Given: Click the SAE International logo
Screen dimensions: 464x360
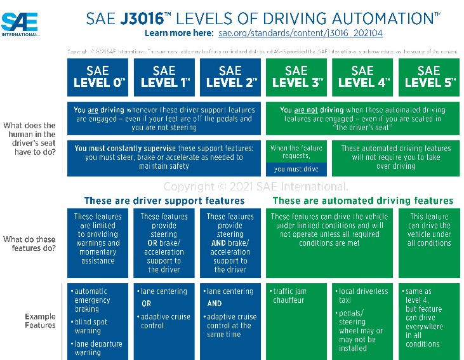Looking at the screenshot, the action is [x=20, y=24].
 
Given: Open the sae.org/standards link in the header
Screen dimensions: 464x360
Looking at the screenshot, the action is [x=300, y=32].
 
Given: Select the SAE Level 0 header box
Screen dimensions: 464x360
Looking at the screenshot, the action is [x=100, y=77].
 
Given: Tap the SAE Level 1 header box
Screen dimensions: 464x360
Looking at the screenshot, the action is [x=165, y=77].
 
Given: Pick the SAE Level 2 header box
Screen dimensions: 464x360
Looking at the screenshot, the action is [x=231, y=77].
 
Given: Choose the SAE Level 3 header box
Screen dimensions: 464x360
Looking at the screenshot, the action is [x=296, y=77].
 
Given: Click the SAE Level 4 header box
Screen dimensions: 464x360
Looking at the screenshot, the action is [x=362, y=77].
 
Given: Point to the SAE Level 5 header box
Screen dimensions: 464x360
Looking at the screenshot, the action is [x=428, y=77].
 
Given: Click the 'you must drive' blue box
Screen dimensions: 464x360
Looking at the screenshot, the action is [x=296, y=170].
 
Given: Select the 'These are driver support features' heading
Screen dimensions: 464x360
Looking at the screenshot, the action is [x=164, y=201].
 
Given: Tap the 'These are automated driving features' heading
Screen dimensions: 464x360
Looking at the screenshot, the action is [x=362, y=201].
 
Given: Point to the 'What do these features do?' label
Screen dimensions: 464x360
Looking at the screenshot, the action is [x=30, y=243].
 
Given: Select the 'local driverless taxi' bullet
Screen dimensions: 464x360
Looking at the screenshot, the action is [x=363, y=295].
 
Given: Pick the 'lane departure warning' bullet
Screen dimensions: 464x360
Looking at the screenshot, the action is [x=98, y=348].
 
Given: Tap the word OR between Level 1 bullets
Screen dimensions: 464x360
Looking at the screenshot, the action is [x=146, y=303].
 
